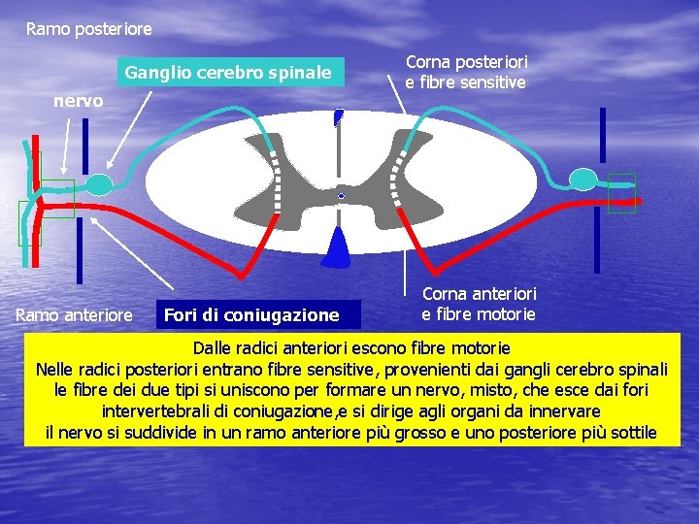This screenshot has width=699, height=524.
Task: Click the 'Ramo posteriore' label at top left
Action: click(x=88, y=29)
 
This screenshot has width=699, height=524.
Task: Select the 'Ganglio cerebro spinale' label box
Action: click(x=228, y=73)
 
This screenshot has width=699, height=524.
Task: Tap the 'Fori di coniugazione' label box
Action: click(x=251, y=314)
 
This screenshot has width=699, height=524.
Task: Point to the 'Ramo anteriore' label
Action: click(x=75, y=314)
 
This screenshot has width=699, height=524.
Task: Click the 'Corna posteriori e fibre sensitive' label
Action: click(x=466, y=73)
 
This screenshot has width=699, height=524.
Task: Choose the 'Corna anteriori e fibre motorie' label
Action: click(x=479, y=304)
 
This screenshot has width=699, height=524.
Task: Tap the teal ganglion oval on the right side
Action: click(x=582, y=179)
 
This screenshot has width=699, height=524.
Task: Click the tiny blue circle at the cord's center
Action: click(x=341, y=196)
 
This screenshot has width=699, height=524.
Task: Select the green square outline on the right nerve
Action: click(x=621, y=192)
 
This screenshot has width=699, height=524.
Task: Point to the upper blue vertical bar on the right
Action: click(x=602, y=136)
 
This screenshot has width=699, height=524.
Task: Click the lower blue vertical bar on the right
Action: click(x=598, y=242)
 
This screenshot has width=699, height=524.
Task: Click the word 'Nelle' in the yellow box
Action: click(x=56, y=369)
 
